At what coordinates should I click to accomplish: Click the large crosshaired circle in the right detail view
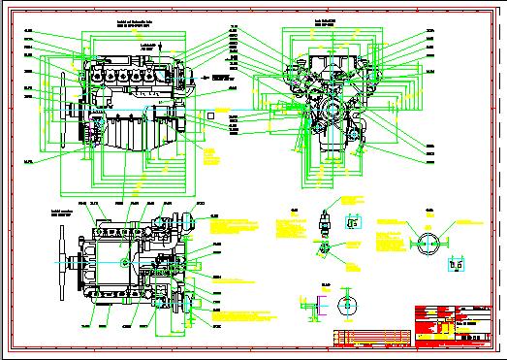pyautogui.click(x=428, y=241)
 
